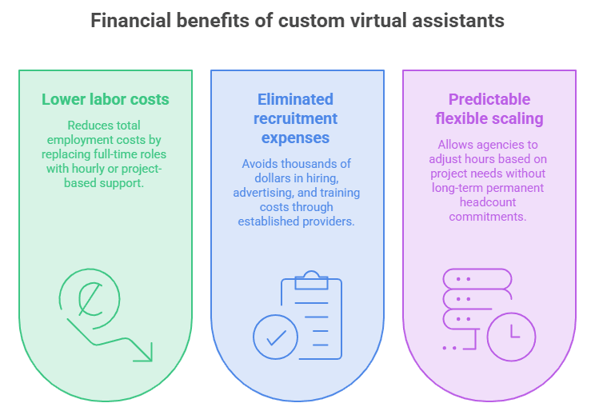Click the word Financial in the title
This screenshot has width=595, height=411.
tap(130, 20)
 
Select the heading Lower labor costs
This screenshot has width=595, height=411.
tap(106, 99)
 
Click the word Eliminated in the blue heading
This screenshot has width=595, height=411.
tap(295, 99)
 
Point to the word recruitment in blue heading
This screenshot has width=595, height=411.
tap(295, 118)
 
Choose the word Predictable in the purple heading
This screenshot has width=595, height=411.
tap(489, 99)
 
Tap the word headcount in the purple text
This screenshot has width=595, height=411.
tap(488, 202)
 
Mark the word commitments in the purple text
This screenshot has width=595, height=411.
tap(488, 217)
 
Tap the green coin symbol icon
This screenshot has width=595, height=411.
tap(90, 299)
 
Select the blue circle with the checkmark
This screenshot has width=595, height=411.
tap(275, 337)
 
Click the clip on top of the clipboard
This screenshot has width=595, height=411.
tap(312, 280)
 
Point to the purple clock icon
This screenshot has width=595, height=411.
tap(512, 337)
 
